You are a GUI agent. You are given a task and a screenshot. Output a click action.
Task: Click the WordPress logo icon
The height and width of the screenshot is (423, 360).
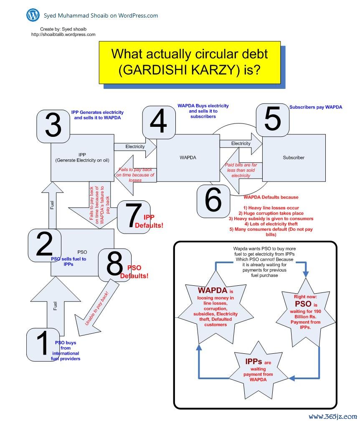tap(33, 15)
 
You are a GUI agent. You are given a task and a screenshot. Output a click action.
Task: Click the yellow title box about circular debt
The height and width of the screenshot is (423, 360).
tap(190, 62)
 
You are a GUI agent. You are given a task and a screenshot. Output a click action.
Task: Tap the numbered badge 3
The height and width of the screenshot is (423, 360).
tap(53, 126)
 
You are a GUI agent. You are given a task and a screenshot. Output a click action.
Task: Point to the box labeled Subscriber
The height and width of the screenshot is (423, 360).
tap(294, 158)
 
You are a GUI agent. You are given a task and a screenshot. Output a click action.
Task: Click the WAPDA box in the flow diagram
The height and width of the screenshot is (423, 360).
tap(188, 158)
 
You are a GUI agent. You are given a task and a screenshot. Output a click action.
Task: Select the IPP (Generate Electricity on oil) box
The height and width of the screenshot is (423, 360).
tap(82, 158)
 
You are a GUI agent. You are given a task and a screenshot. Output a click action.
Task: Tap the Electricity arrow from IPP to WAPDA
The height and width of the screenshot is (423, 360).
tap(135, 147)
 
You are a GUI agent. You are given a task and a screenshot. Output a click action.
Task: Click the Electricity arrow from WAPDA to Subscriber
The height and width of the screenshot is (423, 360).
tap(241, 144)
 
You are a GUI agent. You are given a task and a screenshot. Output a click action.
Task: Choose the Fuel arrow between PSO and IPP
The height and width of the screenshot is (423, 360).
tap(52, 205)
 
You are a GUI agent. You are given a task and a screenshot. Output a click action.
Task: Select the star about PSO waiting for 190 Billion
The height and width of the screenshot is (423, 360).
tap(305, 312)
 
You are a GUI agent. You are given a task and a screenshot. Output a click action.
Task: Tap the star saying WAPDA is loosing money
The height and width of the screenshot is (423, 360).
tap(215, 307)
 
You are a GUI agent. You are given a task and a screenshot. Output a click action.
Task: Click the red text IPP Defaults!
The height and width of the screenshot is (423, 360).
tap(149, 221)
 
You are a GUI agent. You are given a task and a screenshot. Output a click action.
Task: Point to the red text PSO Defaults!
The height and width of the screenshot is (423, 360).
tap(134, 272)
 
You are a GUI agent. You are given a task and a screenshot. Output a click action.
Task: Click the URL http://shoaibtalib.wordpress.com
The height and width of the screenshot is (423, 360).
tap(63, 35)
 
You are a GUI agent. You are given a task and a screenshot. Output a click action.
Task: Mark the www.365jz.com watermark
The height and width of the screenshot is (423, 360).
tap(332, 416)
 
